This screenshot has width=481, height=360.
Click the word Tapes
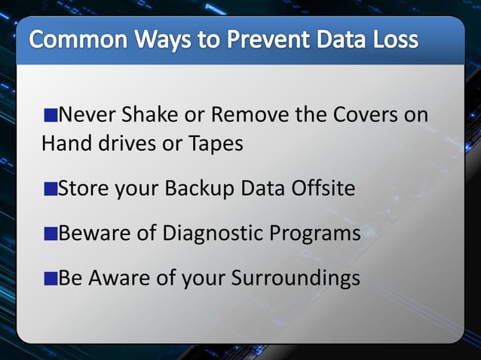214,144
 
